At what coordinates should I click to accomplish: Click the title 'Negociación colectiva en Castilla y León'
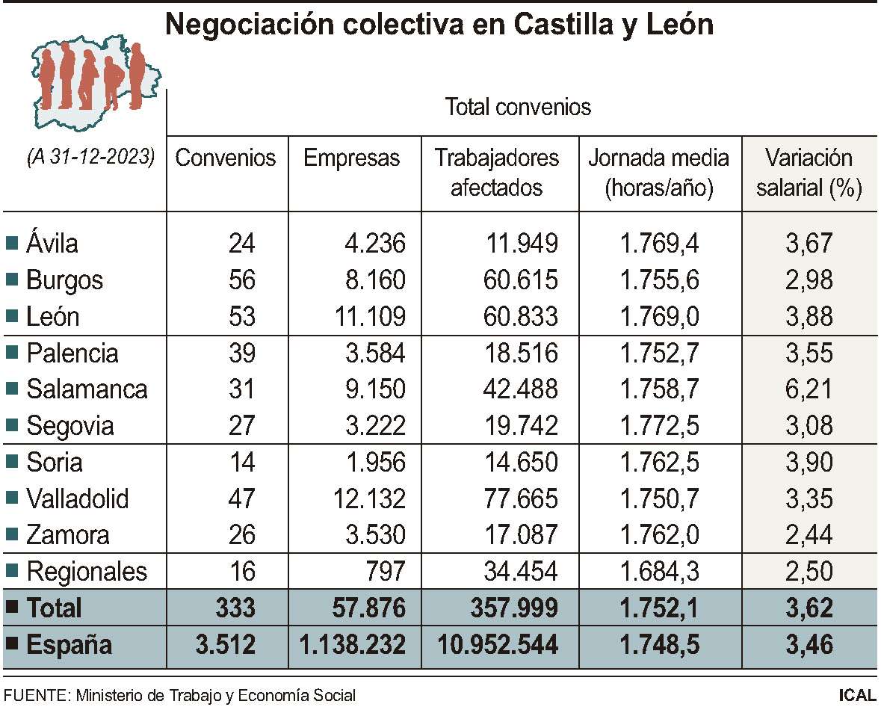[439, 25]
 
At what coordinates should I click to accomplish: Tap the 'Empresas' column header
[351, 158]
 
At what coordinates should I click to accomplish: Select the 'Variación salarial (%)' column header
[809, 173]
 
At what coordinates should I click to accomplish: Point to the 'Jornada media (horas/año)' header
[658, 173]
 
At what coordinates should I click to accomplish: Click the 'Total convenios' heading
[518, 107]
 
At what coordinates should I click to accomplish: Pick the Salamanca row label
[87, 389]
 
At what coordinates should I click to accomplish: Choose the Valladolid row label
[77, 498]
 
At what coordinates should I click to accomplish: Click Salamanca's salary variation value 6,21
[811, 389]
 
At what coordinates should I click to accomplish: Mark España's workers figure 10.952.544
[496, 645]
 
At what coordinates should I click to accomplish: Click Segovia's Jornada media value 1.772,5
[660, 426]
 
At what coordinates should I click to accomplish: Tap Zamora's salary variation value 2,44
[811, 535]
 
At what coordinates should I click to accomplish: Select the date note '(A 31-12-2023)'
[90, 158]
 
